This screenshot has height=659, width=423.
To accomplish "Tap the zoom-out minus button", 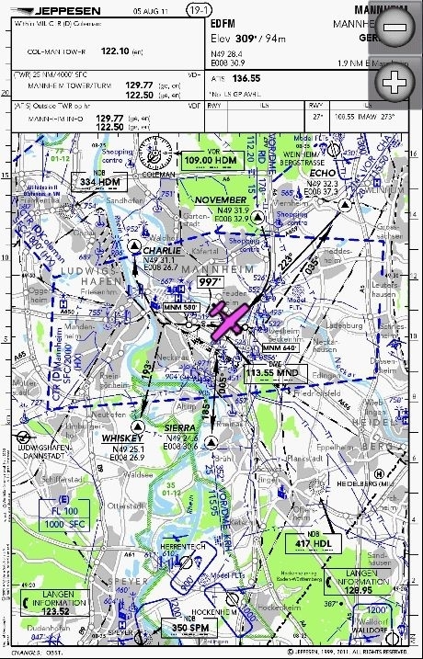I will click(x=394, y=28).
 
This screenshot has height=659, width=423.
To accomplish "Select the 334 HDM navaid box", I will click(x=99, y=182).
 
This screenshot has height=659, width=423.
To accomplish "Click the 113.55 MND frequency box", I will click(x=274, y=373).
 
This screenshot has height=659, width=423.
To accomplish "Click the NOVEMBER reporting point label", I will click(x=222, y=199).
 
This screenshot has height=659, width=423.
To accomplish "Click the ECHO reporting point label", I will click(x=322, y=173).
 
